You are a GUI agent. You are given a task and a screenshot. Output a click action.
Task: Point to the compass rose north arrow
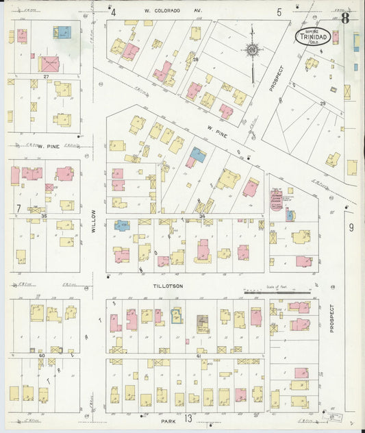252,49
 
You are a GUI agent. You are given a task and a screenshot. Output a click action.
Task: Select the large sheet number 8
346,18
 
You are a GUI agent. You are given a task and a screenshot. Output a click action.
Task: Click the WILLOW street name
94,221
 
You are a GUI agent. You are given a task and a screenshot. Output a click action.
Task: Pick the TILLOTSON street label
168,286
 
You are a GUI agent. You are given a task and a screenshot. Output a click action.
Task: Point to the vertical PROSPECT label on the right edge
331,319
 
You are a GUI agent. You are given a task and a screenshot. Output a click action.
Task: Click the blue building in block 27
62,32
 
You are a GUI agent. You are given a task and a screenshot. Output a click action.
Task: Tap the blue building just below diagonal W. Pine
197,155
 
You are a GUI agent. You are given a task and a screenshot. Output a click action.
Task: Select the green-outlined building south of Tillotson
177,316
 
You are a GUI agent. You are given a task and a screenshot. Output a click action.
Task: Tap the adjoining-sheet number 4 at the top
114,12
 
